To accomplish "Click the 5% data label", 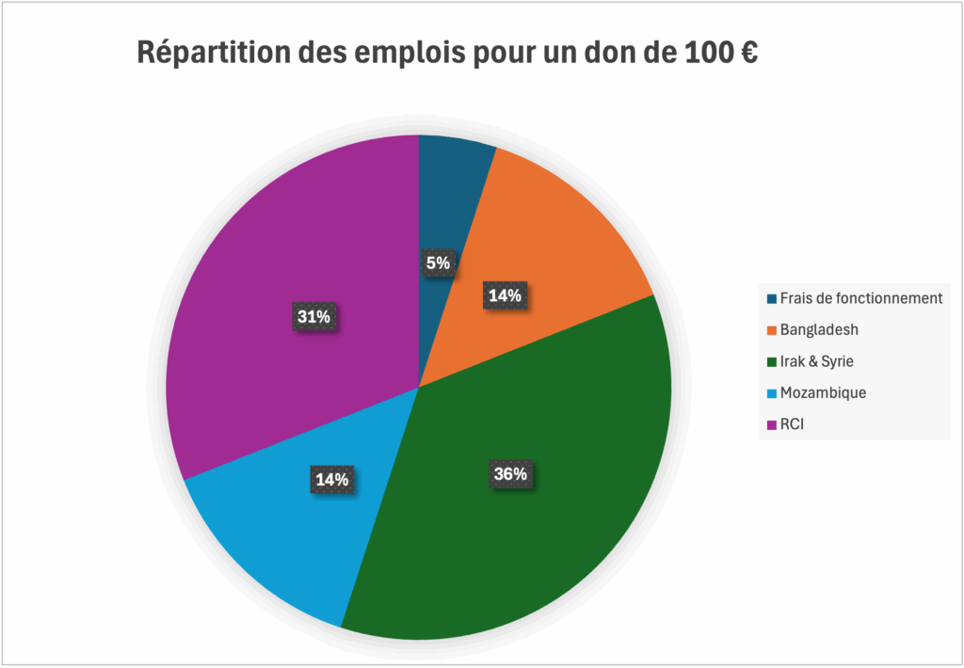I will [438, 263].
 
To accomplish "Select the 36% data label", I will [510, 475].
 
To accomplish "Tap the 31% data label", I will [313, 317].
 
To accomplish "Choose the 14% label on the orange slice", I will [505, 295].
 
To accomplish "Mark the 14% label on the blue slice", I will [331, 479].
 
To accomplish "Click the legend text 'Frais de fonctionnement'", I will [860, 298].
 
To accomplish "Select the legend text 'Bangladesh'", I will [819, 330].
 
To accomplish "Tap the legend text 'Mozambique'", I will [823, 392].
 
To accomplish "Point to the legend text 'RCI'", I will [793, 424].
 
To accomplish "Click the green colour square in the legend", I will [772, 361].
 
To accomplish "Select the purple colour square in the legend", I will [772, 424].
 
